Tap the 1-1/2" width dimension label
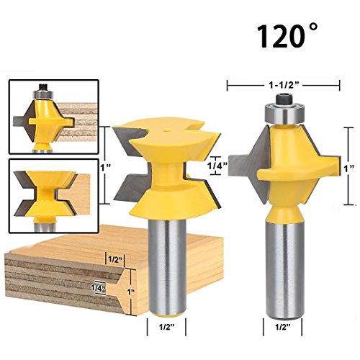283,85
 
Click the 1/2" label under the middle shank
166,327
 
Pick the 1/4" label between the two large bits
218,166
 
